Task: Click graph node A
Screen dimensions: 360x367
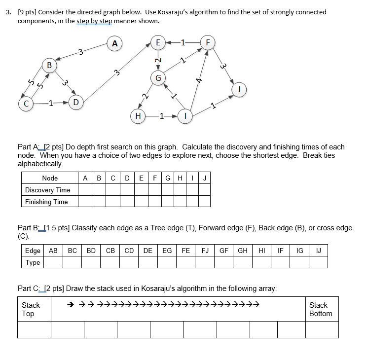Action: tap(114, 43)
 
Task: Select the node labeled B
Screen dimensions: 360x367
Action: tap(49, 66)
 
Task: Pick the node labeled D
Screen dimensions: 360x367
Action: tap(75, 103)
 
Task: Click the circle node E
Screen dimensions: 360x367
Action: tap(157, 43)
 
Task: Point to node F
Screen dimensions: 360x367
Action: tap(207, 43)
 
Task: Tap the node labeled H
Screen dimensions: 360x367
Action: tap(138, 116)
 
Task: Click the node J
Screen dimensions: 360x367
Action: tap(239, 90)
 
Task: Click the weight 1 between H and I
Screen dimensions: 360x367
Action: tap(161, 116)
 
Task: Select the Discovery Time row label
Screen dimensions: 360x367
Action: tap(48, 190)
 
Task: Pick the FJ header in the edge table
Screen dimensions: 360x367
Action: tap(205, 251)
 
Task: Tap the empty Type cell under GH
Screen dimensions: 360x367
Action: tap(243, 262)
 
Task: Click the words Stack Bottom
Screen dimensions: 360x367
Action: tap(321, 309)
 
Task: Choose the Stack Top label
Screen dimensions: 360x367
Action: tap(31, 309)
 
